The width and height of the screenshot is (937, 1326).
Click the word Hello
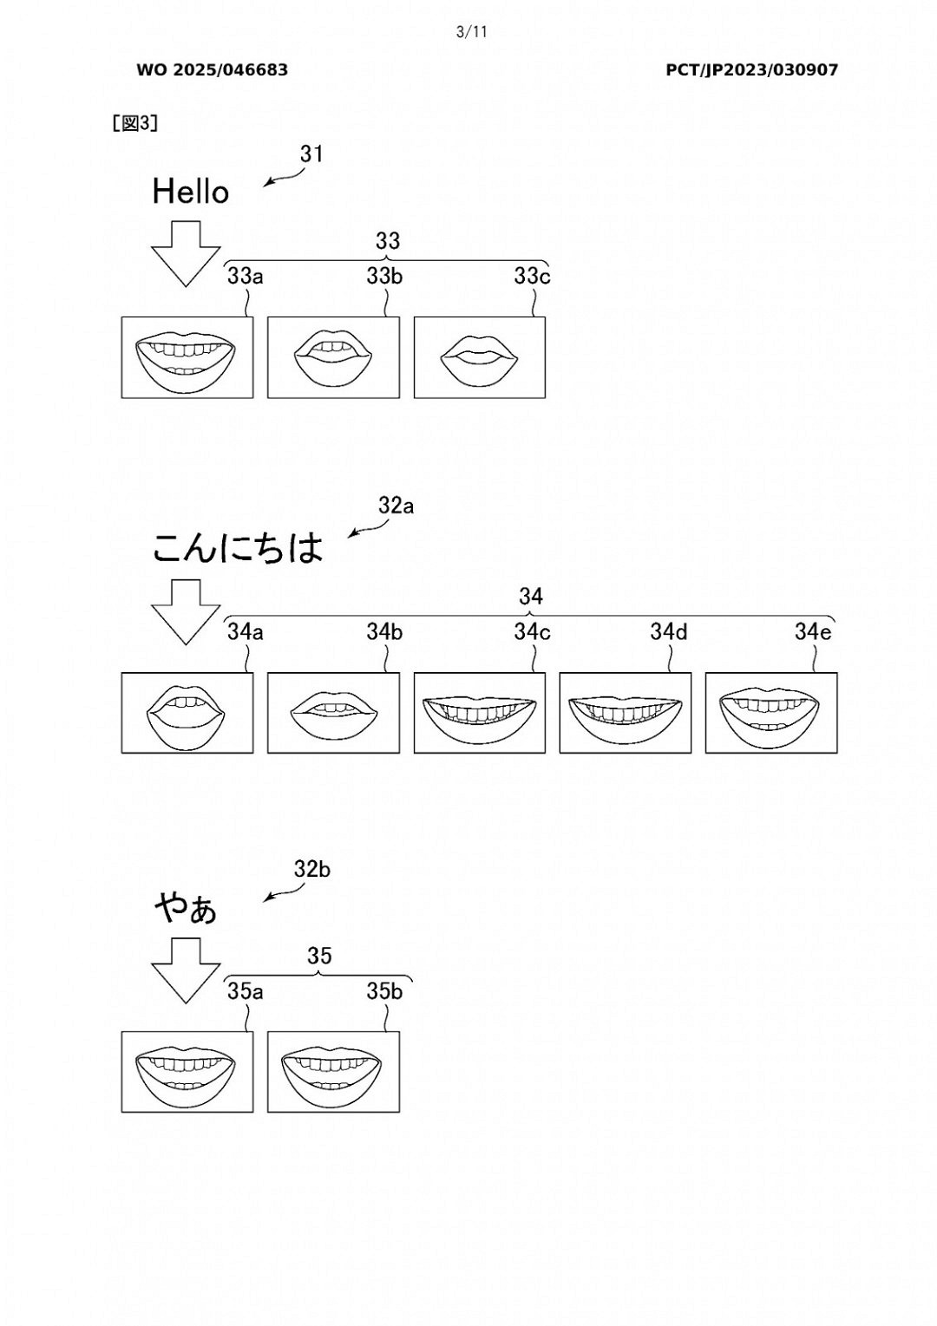click(x=190, y=192)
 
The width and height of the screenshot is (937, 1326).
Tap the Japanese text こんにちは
click(x=238, y=548)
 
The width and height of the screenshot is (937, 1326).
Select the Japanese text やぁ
click(x=187, y=909)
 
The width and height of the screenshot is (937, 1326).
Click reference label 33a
click(x=245, y=277)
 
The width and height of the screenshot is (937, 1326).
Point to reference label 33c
click(x=532, y=277)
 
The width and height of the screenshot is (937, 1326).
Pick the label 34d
click(x=669, y=632)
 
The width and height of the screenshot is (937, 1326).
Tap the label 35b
click(x=384, y=991)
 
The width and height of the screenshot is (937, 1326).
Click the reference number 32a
click(x=396, y=506)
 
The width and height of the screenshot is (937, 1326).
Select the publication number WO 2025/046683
click(x=212, y=70)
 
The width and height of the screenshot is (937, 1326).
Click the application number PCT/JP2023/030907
click(x=751, y=70)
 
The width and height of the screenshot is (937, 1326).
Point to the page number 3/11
click(x=471, y=33)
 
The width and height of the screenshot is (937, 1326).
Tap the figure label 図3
click(x=134, y=123)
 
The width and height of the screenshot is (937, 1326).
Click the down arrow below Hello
click(x=186, y=252)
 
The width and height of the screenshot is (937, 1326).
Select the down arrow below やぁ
click(x=186, y=970)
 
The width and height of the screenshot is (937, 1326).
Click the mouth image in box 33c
click(x=480, y=357)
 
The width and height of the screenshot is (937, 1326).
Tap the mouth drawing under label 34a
click(x=187, y=713)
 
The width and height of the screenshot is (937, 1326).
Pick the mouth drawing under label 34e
click(x=771, y=713)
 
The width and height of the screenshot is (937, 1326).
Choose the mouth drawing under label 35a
click(x=187, y=1072)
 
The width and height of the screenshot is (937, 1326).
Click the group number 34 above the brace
click(x=531, y=597)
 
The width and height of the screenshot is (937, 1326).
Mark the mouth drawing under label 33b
click(x=333, y=357)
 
